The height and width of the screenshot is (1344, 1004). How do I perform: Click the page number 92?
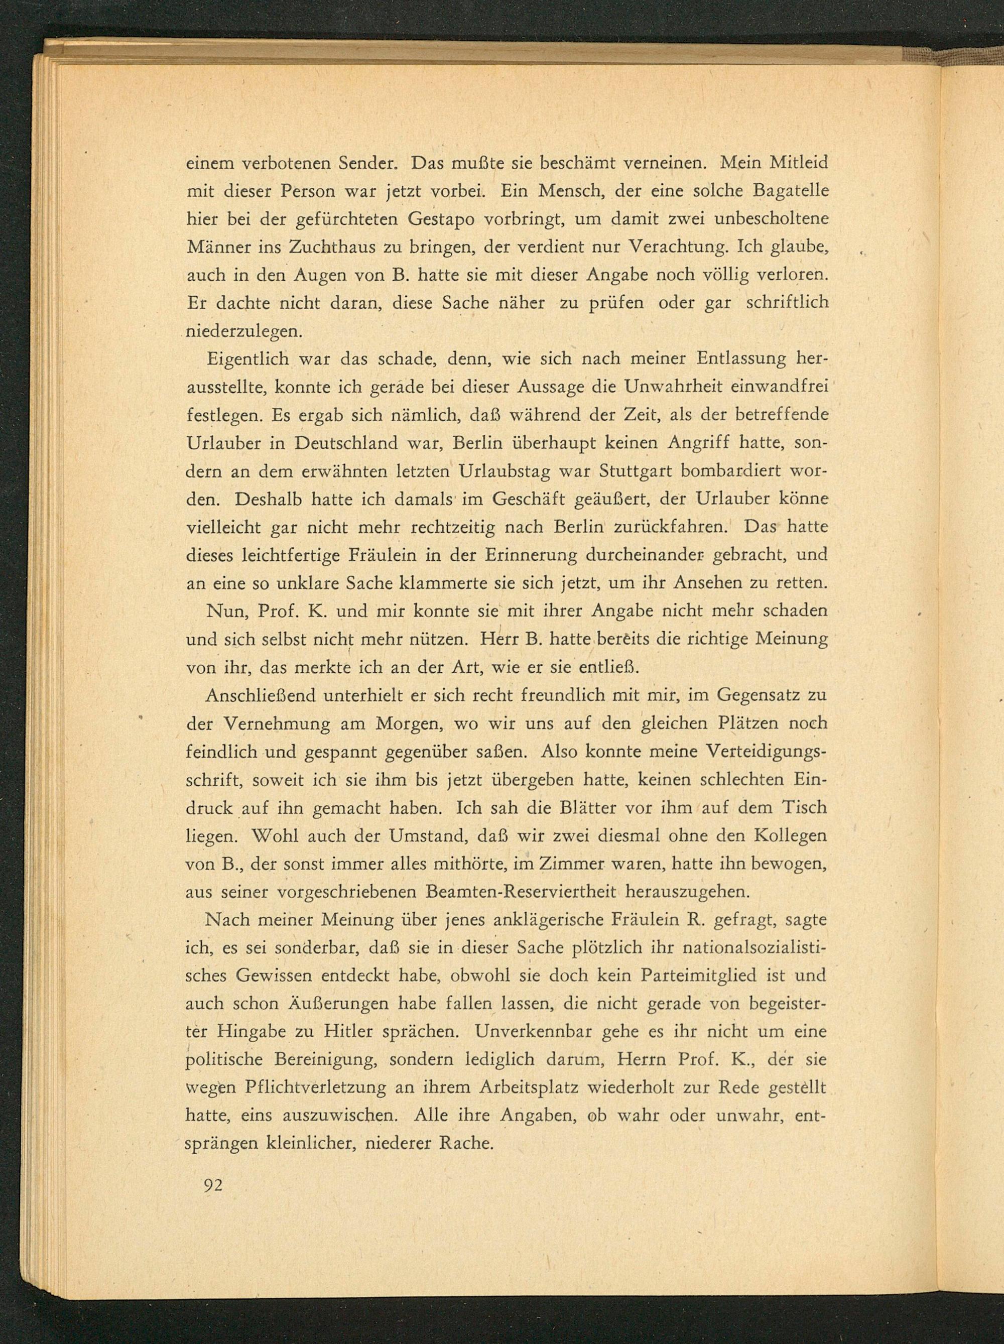(214, 1185)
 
